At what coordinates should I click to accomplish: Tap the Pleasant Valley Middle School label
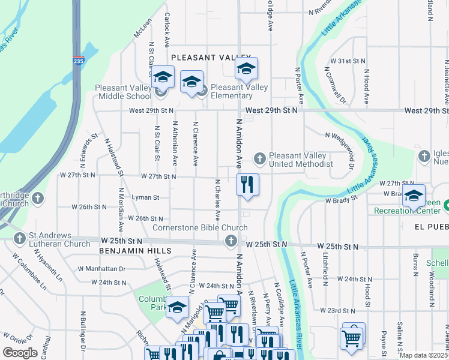(x=123, y=92)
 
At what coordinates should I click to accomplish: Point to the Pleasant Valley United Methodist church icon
(x=259, y=158)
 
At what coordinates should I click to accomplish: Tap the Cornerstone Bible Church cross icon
(x=230, y=241)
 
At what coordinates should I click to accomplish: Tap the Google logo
(x=20, y=353)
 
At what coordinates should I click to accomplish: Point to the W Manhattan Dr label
(x=101, y=269)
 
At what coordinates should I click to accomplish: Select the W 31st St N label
(x=348, y=61)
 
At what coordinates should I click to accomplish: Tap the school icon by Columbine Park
(x=178, y=308)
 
